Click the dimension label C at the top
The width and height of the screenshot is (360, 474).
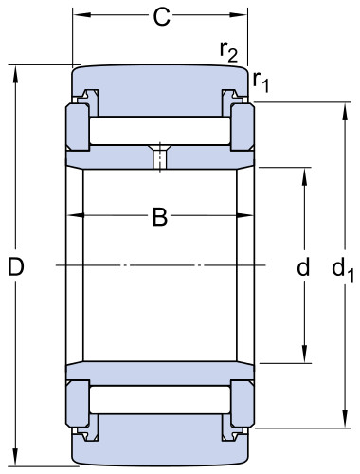tap(161, 17)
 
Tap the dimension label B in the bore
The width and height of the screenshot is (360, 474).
tap(160, 217)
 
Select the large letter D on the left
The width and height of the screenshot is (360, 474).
tap(16, 266)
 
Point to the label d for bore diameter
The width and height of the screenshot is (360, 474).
tap(303, 266)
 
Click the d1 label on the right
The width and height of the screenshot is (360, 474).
tap(343, 270)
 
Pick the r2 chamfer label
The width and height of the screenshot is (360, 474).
tap(228, 51)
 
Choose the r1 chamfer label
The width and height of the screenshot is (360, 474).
tap(261, 82)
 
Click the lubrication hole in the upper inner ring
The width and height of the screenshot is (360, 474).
tap(160, 157)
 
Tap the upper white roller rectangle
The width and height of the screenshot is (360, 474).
tap(160, 131)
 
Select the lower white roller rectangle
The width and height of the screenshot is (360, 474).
tap(160, 400)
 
